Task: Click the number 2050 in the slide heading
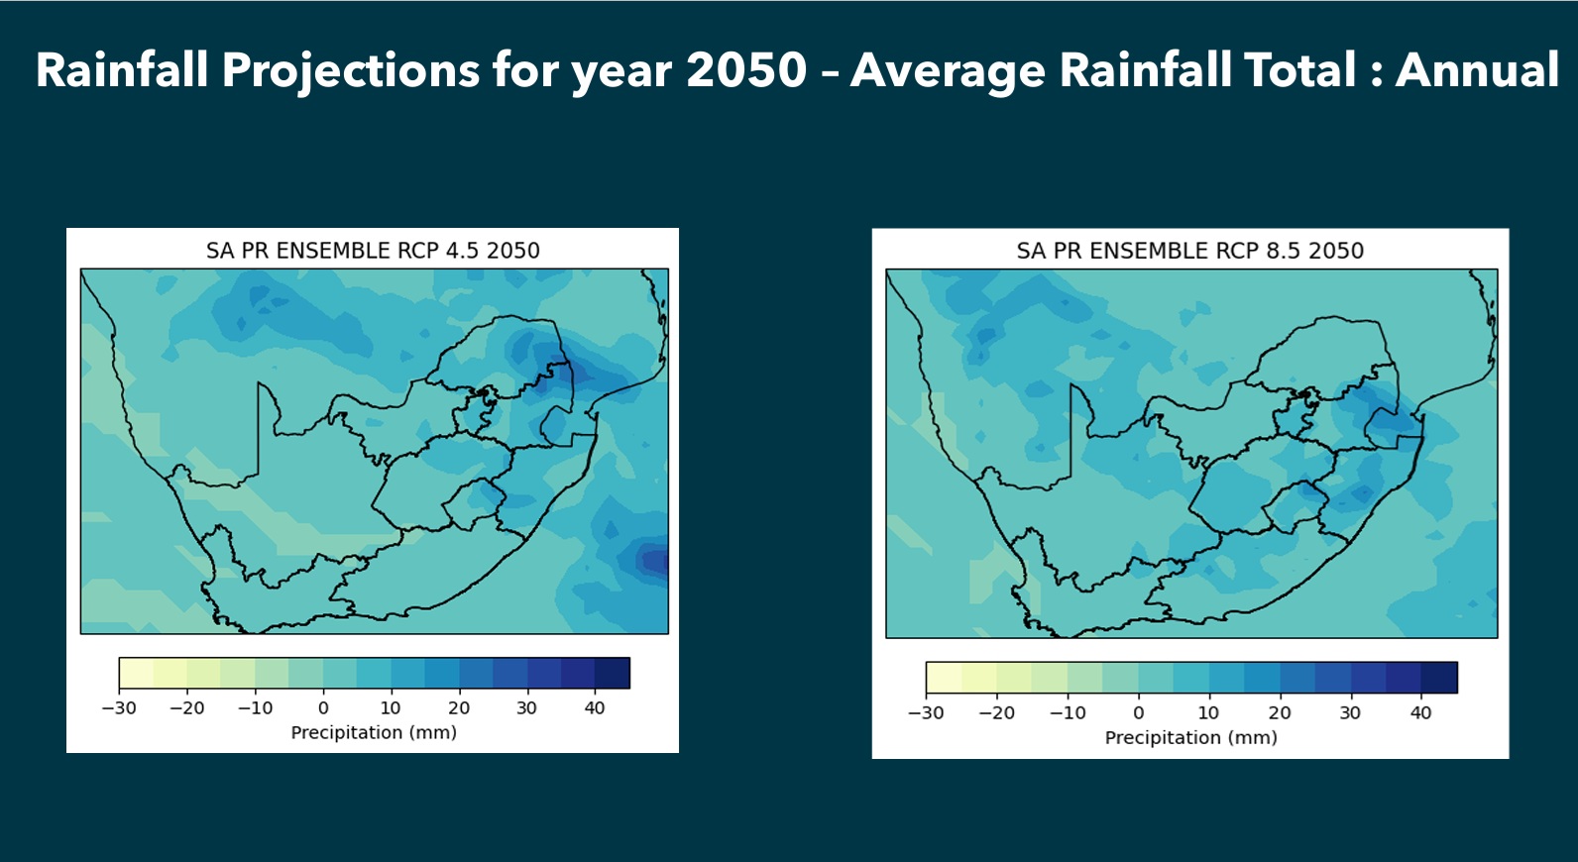coord(746,70)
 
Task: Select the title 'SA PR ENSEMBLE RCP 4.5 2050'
coord(373,251)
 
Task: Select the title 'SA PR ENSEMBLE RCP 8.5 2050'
coord(1189,251)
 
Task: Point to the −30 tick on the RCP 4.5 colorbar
coord(119,708)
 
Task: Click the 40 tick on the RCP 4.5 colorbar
coord(595,708)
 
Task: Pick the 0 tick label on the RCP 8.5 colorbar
coord(1138,713)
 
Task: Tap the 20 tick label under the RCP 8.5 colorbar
coord(1280,713)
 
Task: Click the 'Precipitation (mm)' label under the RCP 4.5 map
coord(374,733)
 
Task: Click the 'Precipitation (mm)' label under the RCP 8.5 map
coord(1190,738)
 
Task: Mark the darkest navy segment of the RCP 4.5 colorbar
coord(612,673)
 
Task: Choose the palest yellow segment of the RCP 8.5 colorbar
coord(944,678)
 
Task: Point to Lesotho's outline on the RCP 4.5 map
coord(474,503)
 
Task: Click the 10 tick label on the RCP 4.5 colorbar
coord(391,708)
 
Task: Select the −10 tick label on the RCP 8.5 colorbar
coord(1068,713)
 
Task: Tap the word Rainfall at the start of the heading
coord(122,70)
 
